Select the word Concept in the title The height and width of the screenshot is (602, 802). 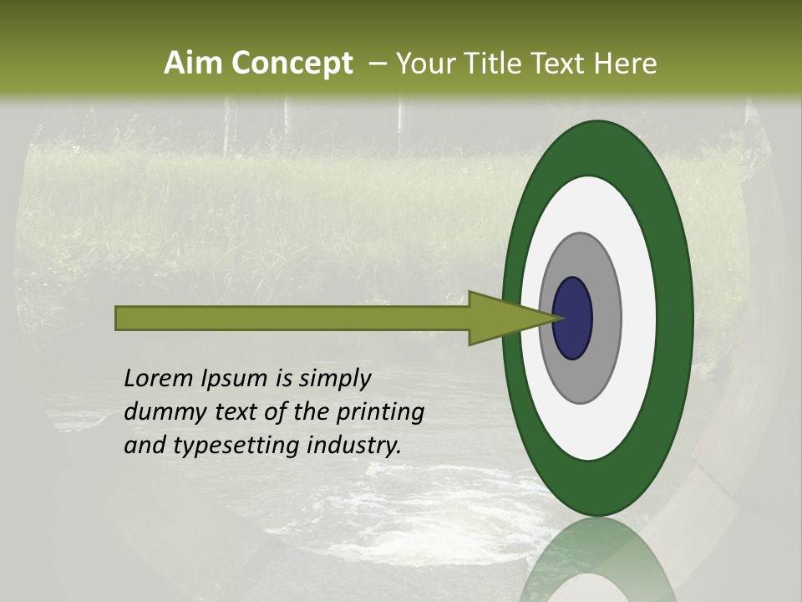click(x=292, y=64)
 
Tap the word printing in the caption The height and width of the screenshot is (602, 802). click(x=379, y=412)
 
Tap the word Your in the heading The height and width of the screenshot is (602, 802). click(x=421, y=64)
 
